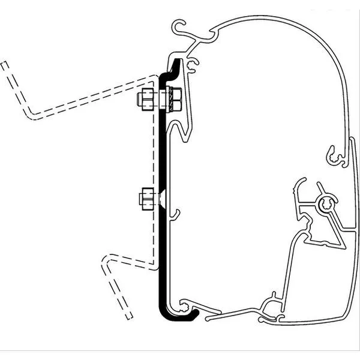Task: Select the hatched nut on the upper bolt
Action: [x=176, y=100]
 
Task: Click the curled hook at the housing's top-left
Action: [x=179, y=27]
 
